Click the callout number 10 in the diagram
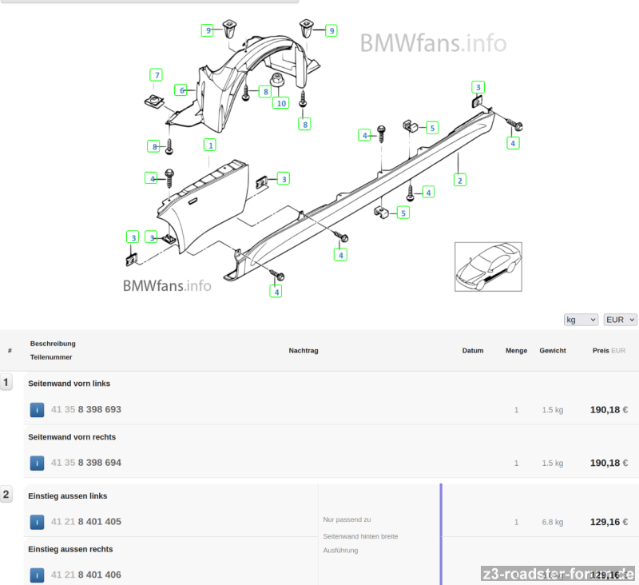(280, 103)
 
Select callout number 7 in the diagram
(157, 75)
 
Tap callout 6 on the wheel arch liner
(182, 90)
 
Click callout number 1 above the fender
(210, 145)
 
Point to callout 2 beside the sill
(459, 180)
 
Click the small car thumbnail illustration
(488, 266)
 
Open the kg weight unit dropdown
(581, 320)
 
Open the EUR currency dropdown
(621, 320)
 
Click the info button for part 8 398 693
(37, 410)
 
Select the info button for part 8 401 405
(37, 522)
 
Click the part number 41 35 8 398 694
(86, 463)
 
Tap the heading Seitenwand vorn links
(69, 384)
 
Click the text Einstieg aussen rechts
(70, 549)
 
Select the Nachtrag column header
(304, 351)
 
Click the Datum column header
(473, 351)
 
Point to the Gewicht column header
(553, 351)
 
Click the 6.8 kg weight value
(553, 522)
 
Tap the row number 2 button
(6, 495)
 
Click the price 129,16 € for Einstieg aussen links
(609, 522)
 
